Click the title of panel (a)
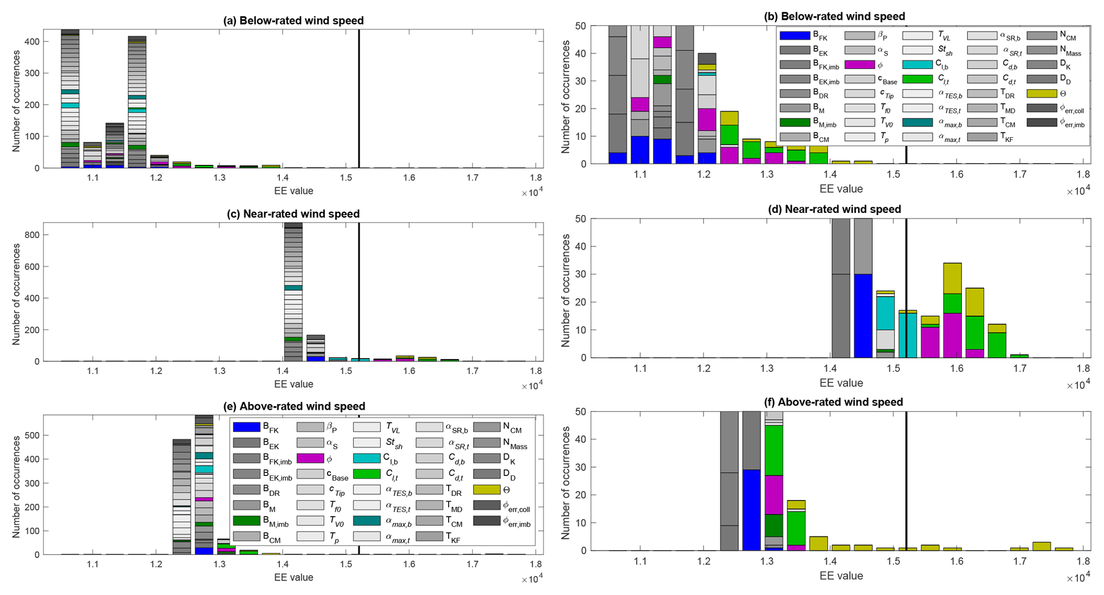click(x=293, y=21)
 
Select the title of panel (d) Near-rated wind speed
click(x=843, y=209)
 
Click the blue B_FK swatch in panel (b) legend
click(x=795, y=36)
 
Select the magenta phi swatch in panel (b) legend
click(x=859, y=65)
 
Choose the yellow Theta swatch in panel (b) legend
click(x=1042, y=94)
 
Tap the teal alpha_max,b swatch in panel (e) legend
click(x=366, y=520)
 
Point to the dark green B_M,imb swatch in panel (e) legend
click(x=247, y=520)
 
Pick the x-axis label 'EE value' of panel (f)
click(x=841, y=576)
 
